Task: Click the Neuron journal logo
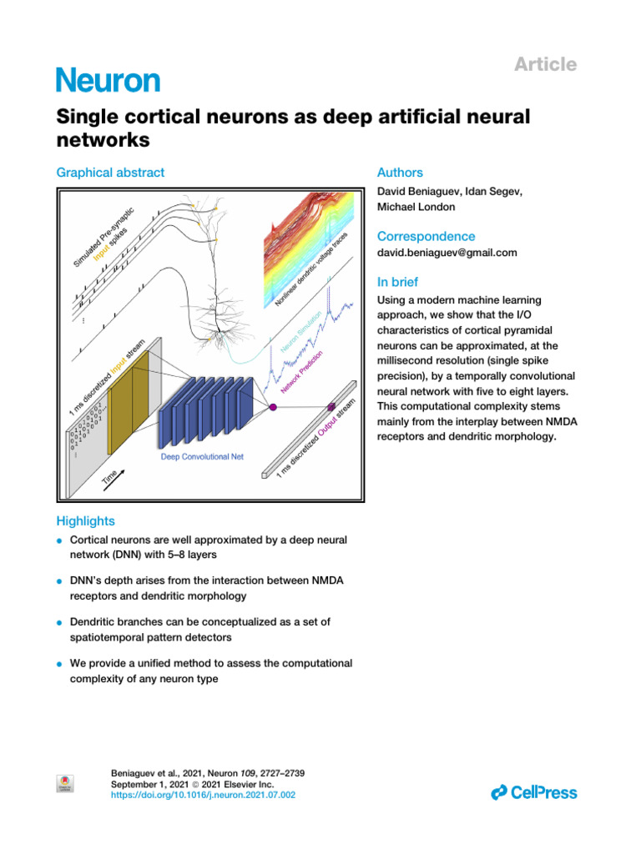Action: pyautogui.click(x=108, y=80)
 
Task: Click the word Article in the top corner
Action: pyautogui.click(x=544, y=64)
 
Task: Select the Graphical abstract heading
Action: pyautogui.click(x=110, y=173)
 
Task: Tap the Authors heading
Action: pyautogui.click(x=400, y=173)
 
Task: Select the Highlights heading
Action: pyautogui.click(x=85, y=521)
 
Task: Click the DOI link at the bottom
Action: pyautogui.click(x=203, y=796)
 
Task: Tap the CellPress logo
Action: pyautogui.click(x=534, y=792)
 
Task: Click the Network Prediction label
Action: pyautogui.click(x=302, y=372)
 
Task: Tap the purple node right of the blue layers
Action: pyautogui.click(x=272, y=406)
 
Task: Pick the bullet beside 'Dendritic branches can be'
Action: pyautogui.click(x=60, y=623)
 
